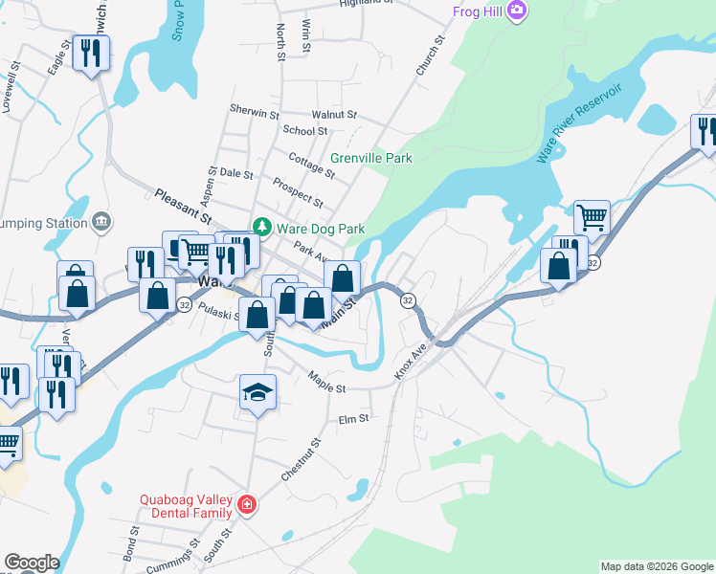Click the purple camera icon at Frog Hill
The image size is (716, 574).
click(x=518, y=11)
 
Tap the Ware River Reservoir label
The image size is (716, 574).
click(x=579, y=123)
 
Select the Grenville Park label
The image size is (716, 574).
click(x=371, y=158)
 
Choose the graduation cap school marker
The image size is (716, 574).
click(x=257, y=392)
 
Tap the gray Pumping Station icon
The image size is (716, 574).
click(x=101, y=223)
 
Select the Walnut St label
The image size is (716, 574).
click(x=334, y=114)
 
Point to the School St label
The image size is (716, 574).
click(x=304, y=131)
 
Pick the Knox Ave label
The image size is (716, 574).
click(x=410, y=361)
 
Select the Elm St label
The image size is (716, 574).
click(x=353, y=419)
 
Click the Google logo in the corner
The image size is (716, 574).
click(x=32, y=563)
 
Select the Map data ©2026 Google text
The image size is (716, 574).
click(x=657, y=566)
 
